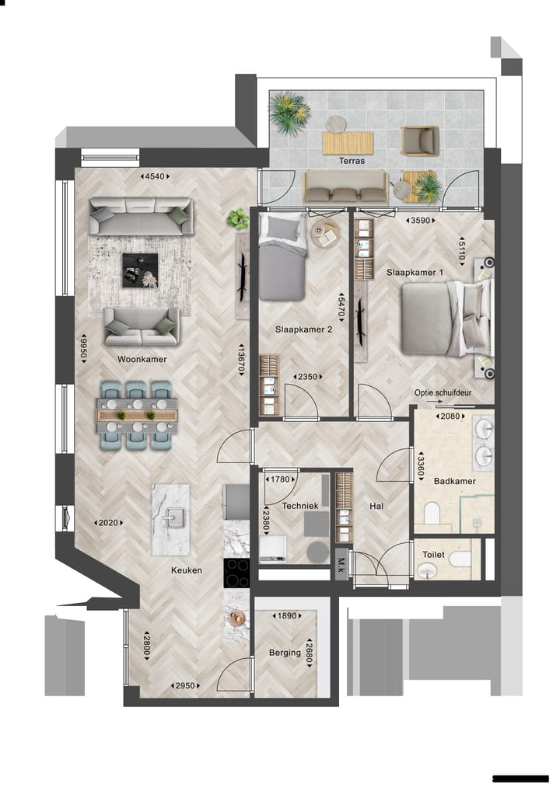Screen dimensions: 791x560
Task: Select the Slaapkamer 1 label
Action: [415, 273]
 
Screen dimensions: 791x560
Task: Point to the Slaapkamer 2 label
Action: [303, 329]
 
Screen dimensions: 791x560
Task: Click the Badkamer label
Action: [454, 481]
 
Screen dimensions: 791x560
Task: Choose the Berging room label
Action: [285, 653]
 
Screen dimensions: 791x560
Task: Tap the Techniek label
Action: [300, 505]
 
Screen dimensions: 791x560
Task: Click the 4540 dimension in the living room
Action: [155, 176]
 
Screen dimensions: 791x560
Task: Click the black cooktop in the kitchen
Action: [236, 573]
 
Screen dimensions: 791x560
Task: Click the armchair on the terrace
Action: [418, 141]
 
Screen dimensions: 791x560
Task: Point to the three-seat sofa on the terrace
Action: [345, 187]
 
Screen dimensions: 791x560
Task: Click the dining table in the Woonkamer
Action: [137, 416]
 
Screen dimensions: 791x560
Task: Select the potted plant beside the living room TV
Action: [237, 219]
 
